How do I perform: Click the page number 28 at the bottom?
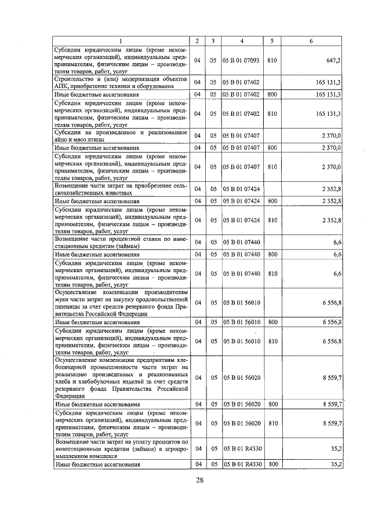(x=200, y=481)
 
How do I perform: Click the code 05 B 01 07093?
(x=242, y=60)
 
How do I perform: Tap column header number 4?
(x=242, y=41)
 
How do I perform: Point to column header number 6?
(x=312, y=41)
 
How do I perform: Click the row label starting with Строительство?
(x=121, y=82)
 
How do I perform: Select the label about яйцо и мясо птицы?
(x=121, y=135)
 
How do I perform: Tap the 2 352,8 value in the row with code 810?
(x=330, y=220)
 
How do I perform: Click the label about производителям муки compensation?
(x=121, y=302)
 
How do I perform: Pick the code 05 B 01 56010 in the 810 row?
(x=242, y=341)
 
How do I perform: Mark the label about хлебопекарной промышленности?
(x=121, y=378)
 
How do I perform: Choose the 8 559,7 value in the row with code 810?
(x=330, y=424)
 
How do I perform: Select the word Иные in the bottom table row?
(x=62, y=464)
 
